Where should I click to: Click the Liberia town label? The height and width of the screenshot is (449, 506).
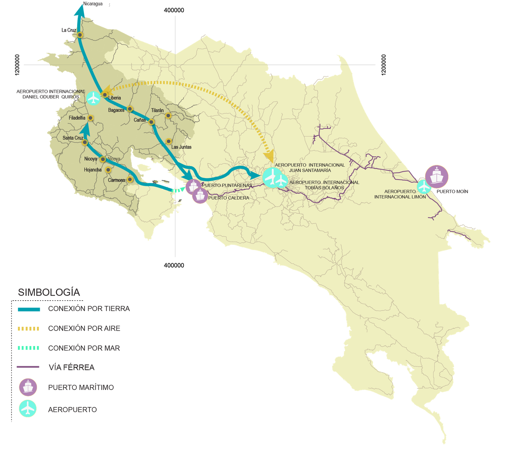click(114, 98)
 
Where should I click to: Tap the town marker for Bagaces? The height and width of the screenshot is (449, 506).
click(130, 109)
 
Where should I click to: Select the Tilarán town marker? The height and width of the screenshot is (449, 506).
click(168, 116)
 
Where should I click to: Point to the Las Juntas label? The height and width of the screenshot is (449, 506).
click(181, 147)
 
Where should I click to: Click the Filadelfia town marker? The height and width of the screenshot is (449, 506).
click(91, 118)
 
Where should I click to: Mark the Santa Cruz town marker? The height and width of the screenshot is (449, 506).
click(85, 142)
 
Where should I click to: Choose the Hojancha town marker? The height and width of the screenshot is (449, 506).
click(108, 170)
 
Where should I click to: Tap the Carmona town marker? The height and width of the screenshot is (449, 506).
click(130, 180)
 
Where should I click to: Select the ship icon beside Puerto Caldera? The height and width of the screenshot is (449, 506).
click(200, 195)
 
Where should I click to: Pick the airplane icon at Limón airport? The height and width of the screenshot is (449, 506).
click(424, 187)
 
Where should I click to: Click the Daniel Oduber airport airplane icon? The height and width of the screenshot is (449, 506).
click(94, 98)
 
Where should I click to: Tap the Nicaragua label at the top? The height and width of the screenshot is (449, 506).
click(93, 4)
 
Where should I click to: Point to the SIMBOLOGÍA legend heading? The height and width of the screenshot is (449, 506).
click(49, 292)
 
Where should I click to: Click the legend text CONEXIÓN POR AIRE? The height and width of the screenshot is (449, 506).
click(84, 328)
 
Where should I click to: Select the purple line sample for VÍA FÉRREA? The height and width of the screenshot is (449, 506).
click(28, 367)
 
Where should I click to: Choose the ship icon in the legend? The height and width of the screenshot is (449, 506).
click(28, 387)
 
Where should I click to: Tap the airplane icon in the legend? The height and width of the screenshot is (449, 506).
click(28, 409)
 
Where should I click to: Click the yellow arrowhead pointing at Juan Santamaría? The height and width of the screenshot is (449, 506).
click(269, 156)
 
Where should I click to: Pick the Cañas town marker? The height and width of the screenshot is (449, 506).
click(151, 122)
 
